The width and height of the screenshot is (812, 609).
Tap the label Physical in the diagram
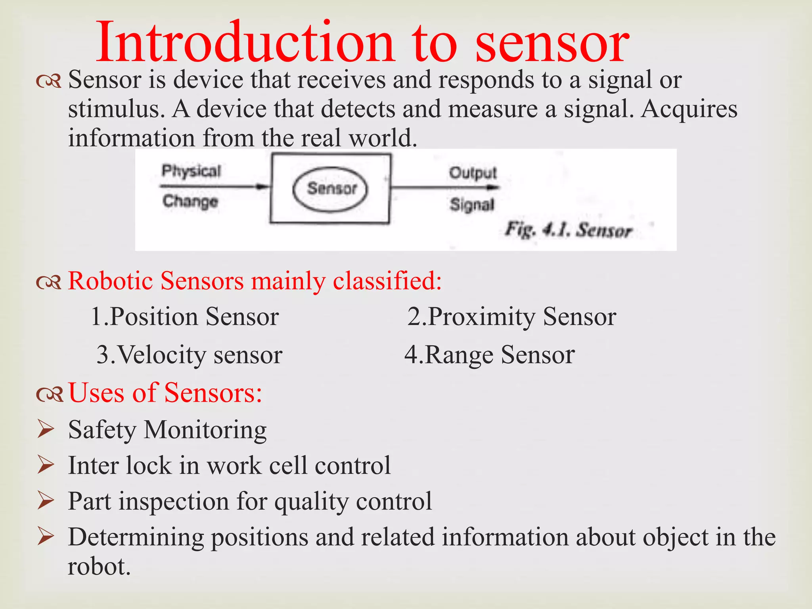[x=191, y=171]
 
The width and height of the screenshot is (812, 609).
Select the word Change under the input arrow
[x=190, y=201]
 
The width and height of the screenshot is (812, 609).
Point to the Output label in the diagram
[x=473, y=173]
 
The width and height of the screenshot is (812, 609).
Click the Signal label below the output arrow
[x=472, y=205]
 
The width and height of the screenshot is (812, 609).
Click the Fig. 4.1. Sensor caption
[x=568, y=230]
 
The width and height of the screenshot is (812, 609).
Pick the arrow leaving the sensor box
[x=444, y=187]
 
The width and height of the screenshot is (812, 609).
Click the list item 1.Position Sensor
[x=185, y=317]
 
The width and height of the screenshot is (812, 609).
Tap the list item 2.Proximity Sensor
[x=511, y=317]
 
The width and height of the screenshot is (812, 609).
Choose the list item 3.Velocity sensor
[x=190, y=354]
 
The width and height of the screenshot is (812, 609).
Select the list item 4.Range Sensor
[x=489, y=354]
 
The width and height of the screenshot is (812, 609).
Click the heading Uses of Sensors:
[x=165, y=393]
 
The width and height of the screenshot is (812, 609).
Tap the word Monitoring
[x=205, y=430]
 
